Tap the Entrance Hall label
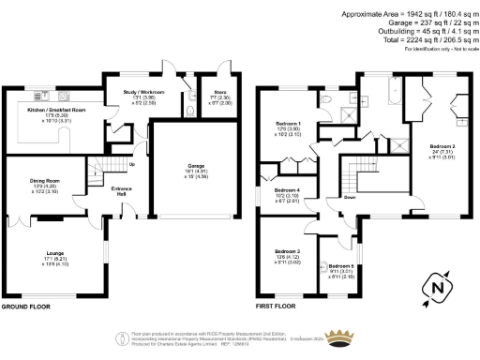pyautogui.click(x=121, y=191)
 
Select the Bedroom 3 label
pyautogui.click(x=288, y=252)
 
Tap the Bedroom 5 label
pyautogui.click(x=340, y=266)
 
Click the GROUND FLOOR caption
pyautogui.click(x=27, y=306)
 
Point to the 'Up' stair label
pyautogui.click(x=128, y=166)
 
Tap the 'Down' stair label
pyautogui.click(x=349, y=198)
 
